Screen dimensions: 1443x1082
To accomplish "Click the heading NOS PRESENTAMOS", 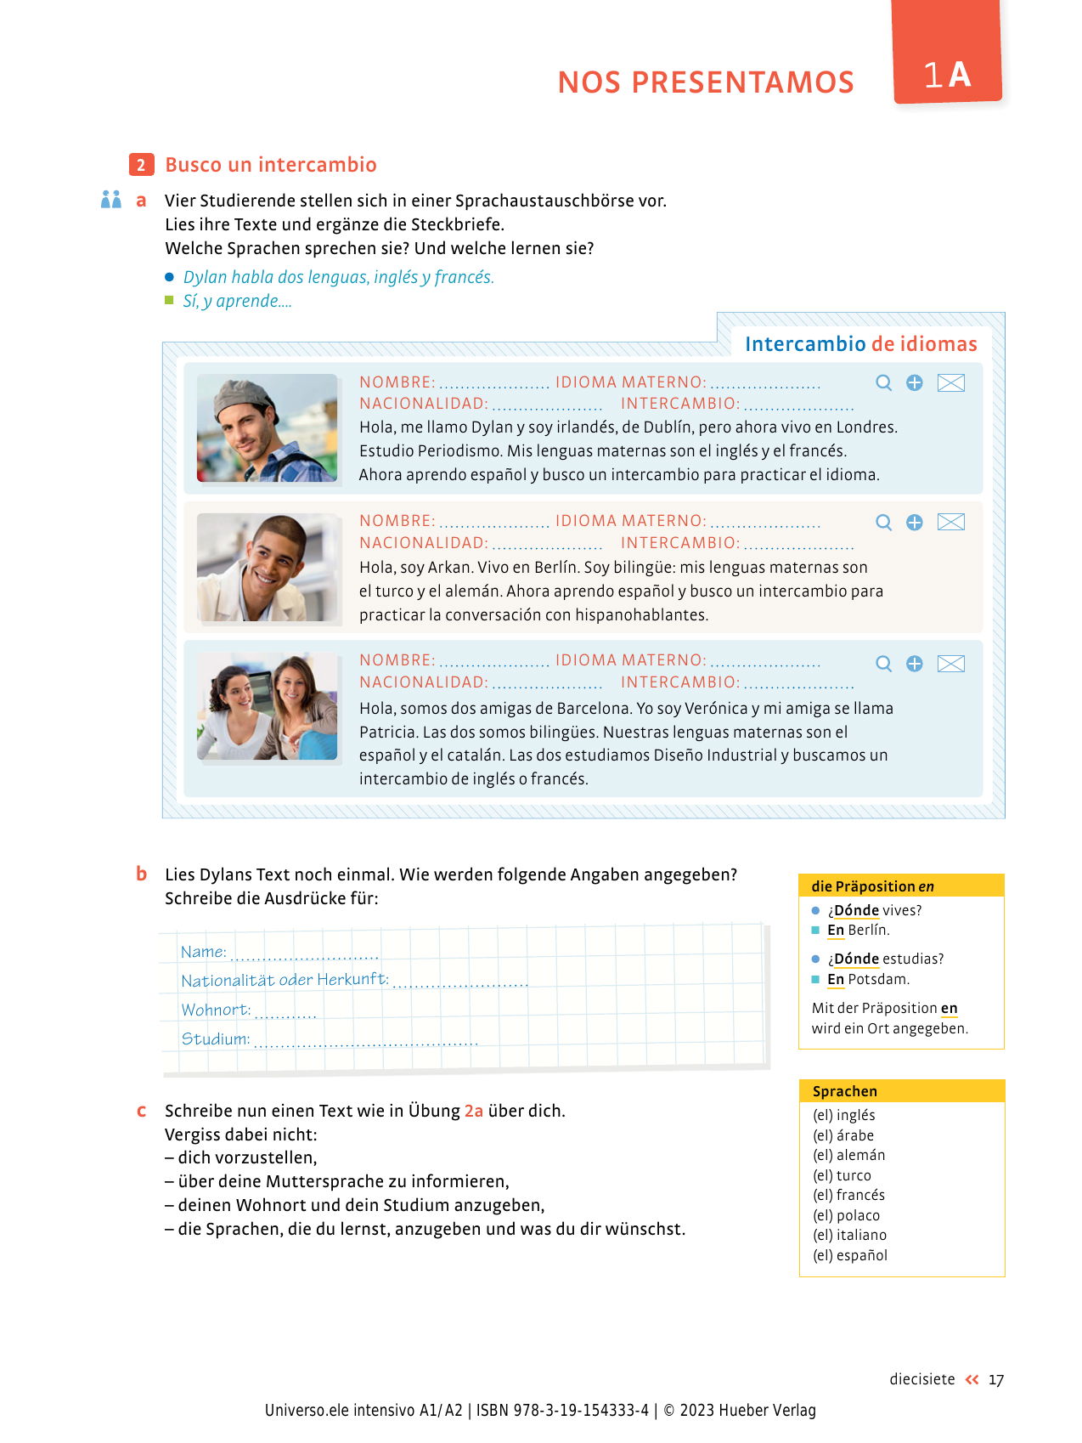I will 705,82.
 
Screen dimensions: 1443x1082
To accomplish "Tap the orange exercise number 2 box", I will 141,165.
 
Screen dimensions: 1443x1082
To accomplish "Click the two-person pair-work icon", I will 111,200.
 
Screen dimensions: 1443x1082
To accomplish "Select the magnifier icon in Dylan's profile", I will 883,383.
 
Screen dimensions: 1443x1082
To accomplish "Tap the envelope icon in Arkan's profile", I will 950,522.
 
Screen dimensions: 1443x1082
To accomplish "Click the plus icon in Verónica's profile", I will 914,664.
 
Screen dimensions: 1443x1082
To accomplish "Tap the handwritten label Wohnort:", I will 216,1010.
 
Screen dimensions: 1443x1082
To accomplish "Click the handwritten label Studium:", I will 215,1038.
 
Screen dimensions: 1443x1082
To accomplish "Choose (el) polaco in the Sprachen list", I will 846,1215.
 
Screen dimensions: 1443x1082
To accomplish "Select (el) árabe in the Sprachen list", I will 842,1135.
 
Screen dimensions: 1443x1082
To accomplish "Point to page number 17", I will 995,1380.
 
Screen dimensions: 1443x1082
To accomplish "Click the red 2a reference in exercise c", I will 473,1111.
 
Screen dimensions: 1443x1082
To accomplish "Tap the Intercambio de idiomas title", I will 860,343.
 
